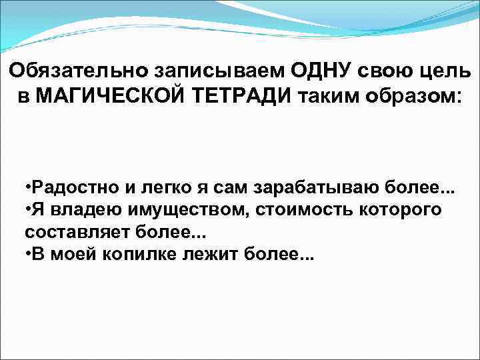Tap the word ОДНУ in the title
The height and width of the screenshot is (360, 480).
325,70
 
